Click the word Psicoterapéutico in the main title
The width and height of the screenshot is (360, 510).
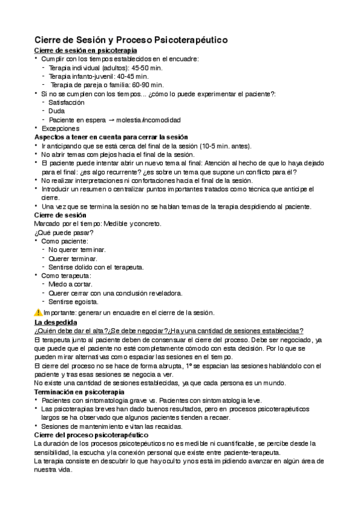(191, 40)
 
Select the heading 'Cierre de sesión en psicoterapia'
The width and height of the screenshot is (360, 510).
(85, 51)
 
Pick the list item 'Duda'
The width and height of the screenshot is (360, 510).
(57, 111)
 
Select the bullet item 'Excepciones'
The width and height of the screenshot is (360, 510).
(60, 128)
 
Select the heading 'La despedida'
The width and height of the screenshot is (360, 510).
(56, 322)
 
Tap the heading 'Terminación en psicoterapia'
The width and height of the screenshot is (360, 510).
(79, 392)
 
